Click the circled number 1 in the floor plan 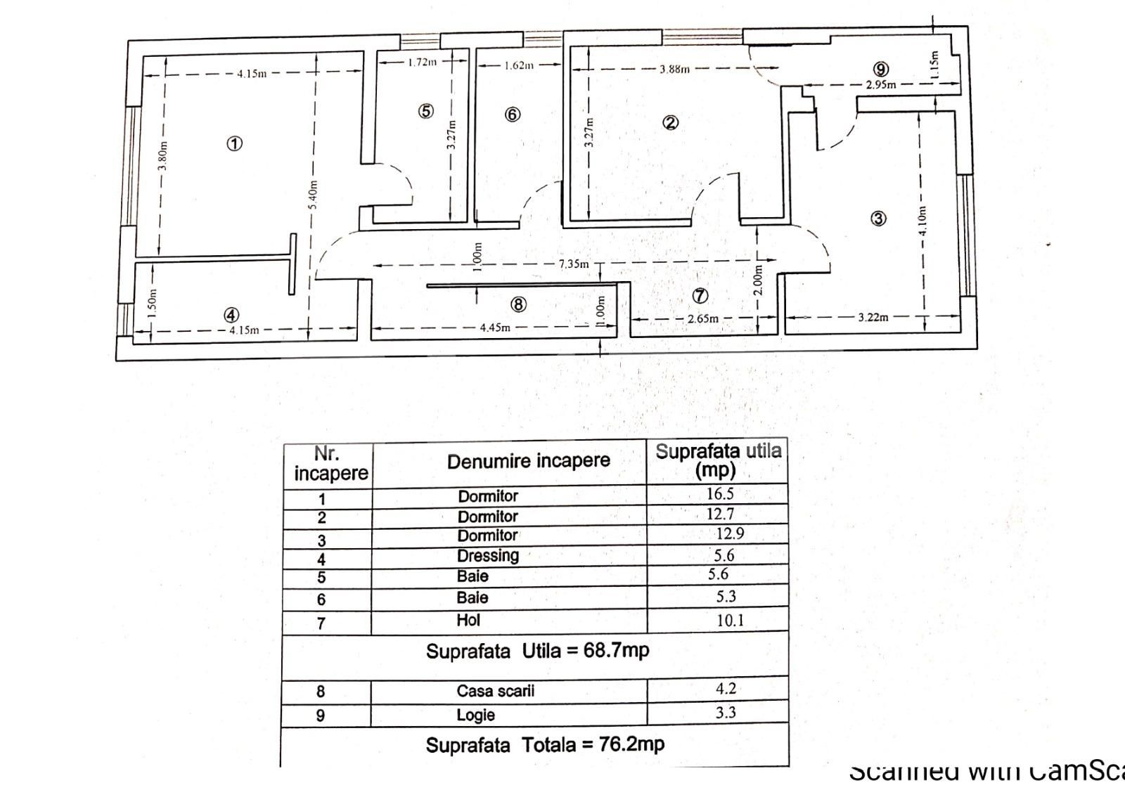pos(234,143)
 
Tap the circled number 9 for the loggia pos(881,69)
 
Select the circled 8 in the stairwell pos(518,304)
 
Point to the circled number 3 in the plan pos(878,219)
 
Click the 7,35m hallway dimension pos(573,264)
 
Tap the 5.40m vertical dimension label pos(314,195)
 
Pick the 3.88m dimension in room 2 pos(674,69)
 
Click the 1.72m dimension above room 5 pos(422,62)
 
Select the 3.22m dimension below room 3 pos(873,317)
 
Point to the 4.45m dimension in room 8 pos(495,328)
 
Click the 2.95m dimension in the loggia pos(880,84)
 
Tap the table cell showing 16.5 pos(720,494)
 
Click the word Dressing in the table pos(488,556)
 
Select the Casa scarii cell pos(495,691)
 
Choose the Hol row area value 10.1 pos(730,621)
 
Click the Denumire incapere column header pos(529,462)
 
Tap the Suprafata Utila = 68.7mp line pos(537,651)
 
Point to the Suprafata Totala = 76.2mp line pos(545,745)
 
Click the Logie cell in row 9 pos(476,715)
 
